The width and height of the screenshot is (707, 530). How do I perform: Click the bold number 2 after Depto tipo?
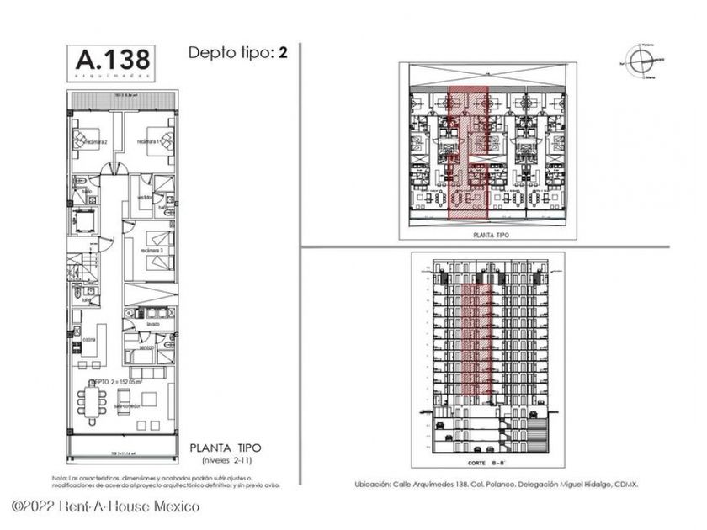coord(284,52)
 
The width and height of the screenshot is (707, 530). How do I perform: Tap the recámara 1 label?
coord(148,140)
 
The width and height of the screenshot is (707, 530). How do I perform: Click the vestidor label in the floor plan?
coord(144,197)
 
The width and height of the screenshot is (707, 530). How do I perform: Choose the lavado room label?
coord(151,323)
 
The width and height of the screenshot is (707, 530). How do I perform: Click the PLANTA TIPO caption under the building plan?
coord(488,238)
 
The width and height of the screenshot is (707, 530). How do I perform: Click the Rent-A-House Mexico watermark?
coord(106,506)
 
